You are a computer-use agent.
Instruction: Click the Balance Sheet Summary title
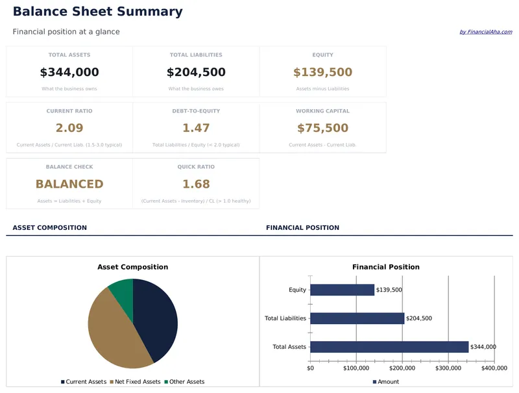tap(97, 12)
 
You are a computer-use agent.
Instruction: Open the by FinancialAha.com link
tap(485, 32)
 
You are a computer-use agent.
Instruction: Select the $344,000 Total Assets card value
tap(69, 72)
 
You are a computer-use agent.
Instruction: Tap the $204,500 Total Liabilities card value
tap(196, 72)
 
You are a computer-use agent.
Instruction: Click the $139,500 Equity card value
tap(322, 72)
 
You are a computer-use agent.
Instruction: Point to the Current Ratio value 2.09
tap(69, 128)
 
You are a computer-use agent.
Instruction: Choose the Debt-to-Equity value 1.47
tap(196, 128)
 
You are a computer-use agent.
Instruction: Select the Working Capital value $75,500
tap(322, 128)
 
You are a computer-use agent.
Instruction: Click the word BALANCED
tap(69, 184)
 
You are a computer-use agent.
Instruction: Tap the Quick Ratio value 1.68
tap(196, 184)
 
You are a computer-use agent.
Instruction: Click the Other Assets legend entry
tap(186, 382)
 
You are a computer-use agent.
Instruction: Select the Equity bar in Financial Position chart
tap(342, 290)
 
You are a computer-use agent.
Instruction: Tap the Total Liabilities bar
tap(357, 318)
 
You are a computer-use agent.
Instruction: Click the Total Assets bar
tap(389, 347)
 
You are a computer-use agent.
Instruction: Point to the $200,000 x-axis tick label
tap(402, 368)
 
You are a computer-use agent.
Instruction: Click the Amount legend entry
tap(388, 382)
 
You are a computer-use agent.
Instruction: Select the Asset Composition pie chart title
tap(132, 267)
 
